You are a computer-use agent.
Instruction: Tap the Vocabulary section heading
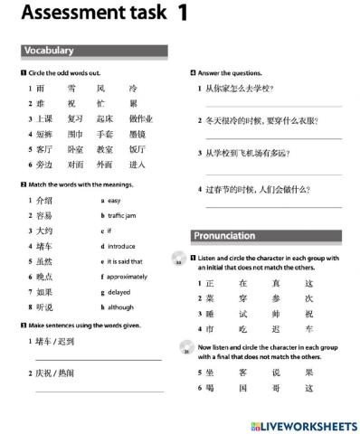[x=50, y=51]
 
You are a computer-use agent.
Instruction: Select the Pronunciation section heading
[x=224, y=236]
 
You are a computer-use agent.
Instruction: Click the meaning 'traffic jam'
[x=121, y=216]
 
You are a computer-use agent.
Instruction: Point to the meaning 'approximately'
[x=128, y=277]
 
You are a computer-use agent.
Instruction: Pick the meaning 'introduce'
[x=121, y=246]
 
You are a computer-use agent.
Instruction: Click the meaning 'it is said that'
[x=126, y=261]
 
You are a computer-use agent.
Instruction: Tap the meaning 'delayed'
[x=119, y=292]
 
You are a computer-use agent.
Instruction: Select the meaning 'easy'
[x=114, y=200]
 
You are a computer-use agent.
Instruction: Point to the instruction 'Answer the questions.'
[x=230, y=73]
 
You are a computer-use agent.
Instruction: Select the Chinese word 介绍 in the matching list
[x=43, y=200]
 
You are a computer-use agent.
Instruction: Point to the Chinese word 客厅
[x=43, y=149]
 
